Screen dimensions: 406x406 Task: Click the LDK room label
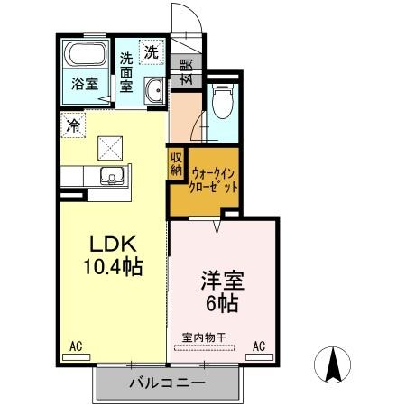(x=111, y=245)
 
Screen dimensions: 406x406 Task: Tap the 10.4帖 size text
(x=112, y=267)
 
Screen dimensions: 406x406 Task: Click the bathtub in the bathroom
(x=83, y=54)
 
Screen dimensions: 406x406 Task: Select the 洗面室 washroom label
(x=127, y=73)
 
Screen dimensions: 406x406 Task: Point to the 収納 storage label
(x=175, y=162)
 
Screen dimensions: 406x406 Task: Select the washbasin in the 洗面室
(x=154, y=88)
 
